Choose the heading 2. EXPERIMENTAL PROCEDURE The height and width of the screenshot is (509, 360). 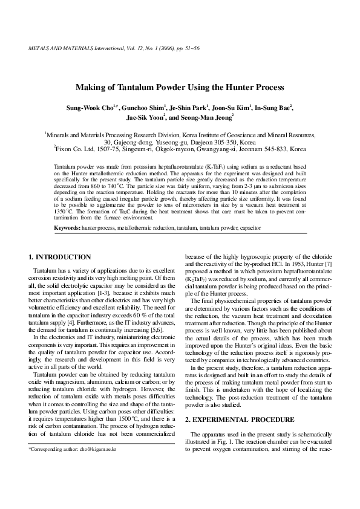[x=231, y=419]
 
